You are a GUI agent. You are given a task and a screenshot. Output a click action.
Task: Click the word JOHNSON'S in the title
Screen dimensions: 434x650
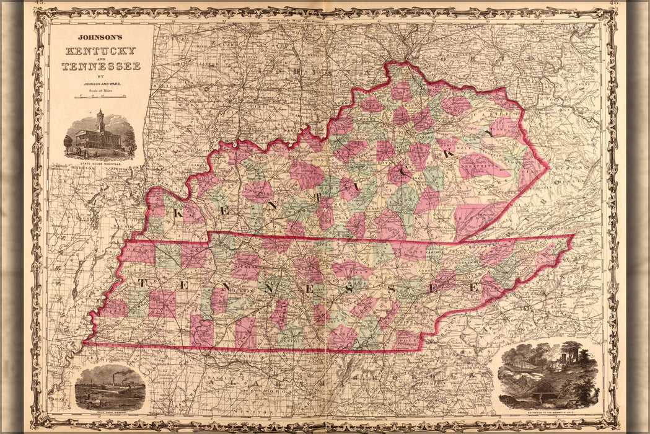pos(101,37)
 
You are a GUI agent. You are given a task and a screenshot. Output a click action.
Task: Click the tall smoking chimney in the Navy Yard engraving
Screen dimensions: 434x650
pos(113,377)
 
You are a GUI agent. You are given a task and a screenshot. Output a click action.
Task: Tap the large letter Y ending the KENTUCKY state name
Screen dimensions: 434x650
pos(489,133)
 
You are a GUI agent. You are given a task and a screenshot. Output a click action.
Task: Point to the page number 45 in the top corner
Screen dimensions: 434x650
pos(39,4)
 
